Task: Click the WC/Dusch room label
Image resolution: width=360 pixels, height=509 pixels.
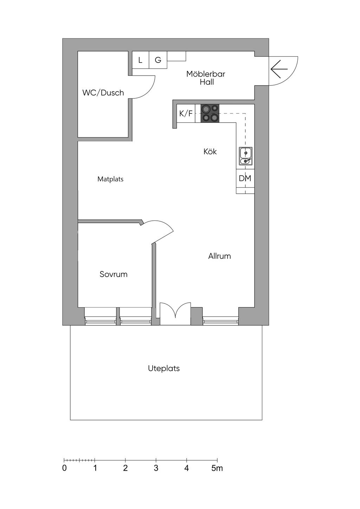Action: [x=103, y=93]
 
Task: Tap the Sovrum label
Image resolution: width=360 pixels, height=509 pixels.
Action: [x=114, y=274]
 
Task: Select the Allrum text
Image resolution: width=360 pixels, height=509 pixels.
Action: [x=219, y=256]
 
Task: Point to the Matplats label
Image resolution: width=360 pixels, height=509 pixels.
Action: [x=110, y=179]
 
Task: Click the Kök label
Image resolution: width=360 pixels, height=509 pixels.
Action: [x=210, y=152]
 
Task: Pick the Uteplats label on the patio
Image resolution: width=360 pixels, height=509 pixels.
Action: [x=164, y=368]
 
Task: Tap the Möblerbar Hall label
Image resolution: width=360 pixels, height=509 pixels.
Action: [x=206, y=78]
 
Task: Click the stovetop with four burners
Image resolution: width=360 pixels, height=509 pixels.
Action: [x=210, y=114]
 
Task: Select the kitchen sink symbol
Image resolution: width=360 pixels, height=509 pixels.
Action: [x=245, y=156]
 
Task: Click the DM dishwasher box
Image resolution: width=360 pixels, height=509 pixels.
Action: [x=245, y=178]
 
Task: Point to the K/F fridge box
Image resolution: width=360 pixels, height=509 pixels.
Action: [x=186, y=114]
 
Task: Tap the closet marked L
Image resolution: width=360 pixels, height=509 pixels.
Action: [x=141, y=60]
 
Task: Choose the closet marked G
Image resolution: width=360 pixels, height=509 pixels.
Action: [x=158, y=60]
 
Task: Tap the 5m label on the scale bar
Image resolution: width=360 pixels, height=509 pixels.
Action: [x=217, y=468]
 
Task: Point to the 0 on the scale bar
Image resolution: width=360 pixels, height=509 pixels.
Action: [x=65, y=468]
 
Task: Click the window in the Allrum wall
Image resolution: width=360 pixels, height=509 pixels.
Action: [x=220, y=320]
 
